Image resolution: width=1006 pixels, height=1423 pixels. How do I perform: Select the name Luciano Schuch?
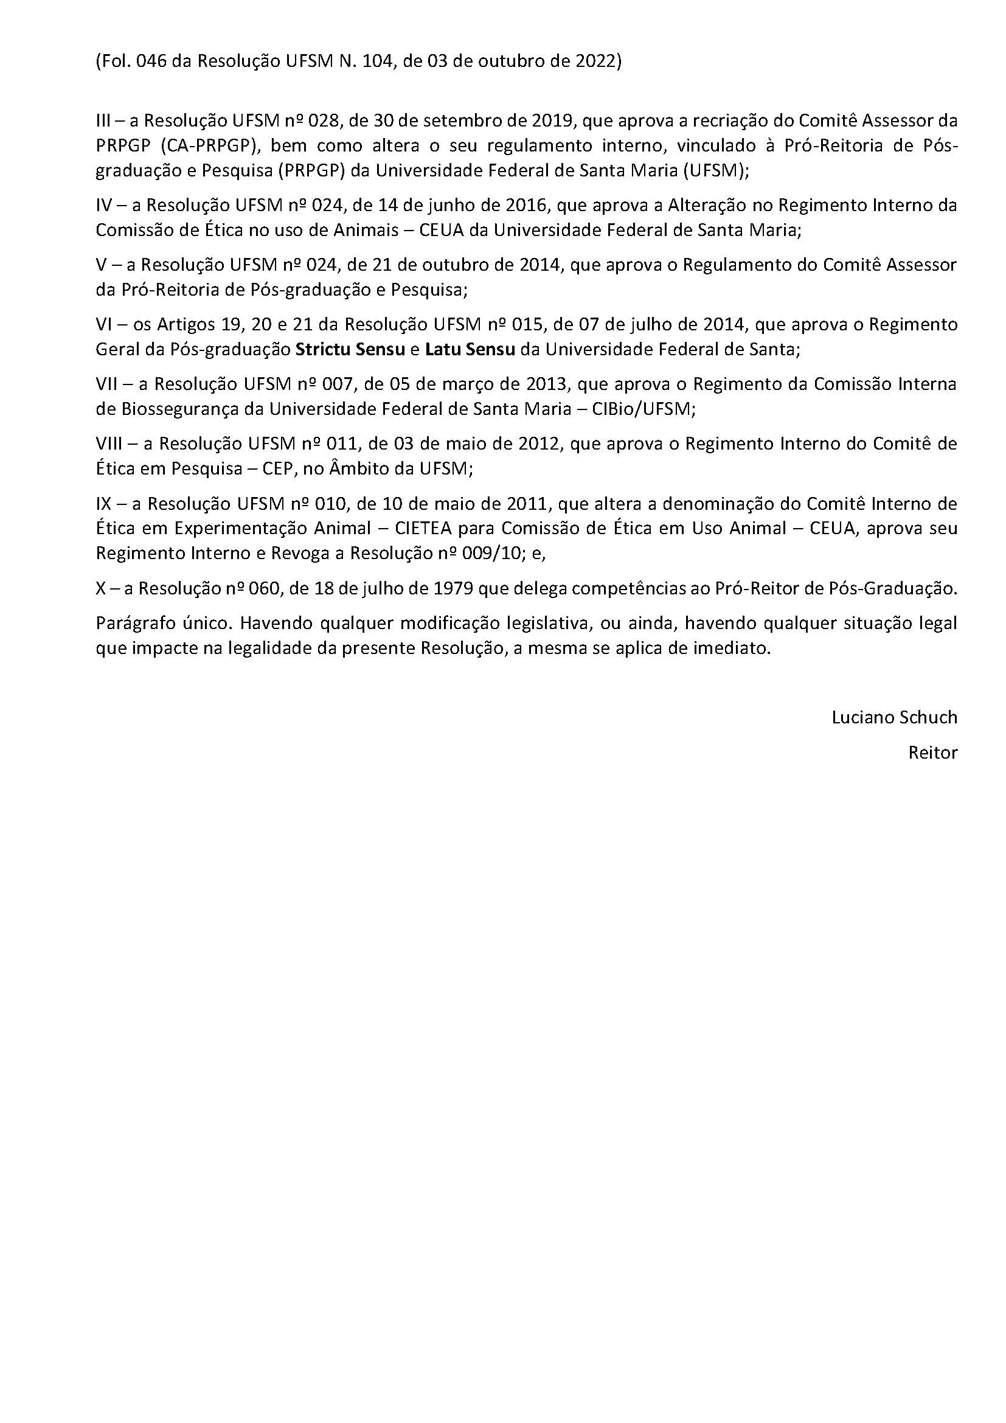pyautogui.click(x=894, y=718)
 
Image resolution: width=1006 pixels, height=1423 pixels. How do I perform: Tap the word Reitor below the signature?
pyautogui.click(x=932, y=753)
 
